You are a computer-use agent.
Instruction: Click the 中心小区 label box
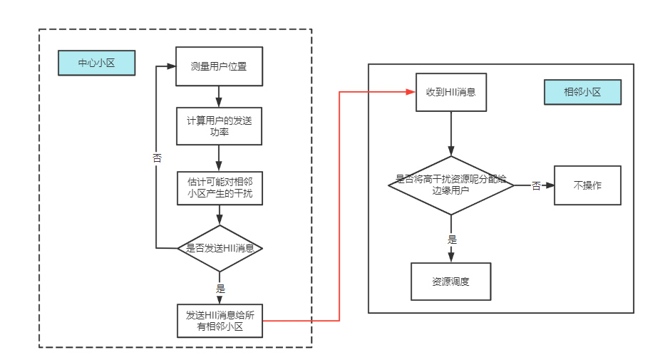96,63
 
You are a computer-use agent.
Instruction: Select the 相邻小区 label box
582,92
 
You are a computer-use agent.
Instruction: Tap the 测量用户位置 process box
220,66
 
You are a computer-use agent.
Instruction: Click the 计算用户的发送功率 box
220,126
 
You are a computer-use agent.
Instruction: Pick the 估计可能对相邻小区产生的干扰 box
220,187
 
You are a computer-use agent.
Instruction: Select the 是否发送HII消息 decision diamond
220,248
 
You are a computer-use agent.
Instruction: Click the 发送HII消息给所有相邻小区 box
220,320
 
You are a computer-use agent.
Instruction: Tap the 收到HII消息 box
451,92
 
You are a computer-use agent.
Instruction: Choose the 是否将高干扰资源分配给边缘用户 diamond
451,185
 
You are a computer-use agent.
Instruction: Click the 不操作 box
587,185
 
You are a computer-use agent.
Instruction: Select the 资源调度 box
451,281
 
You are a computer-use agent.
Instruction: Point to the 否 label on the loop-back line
157,158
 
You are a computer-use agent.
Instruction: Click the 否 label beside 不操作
535,186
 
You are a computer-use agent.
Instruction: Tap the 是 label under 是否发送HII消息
220,289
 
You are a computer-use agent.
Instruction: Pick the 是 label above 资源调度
452,240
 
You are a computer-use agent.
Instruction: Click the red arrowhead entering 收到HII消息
411,92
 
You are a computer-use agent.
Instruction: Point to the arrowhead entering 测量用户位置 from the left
171,66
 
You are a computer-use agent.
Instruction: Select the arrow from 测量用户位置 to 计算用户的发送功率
220,96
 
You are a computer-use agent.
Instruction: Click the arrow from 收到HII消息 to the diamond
451,133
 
